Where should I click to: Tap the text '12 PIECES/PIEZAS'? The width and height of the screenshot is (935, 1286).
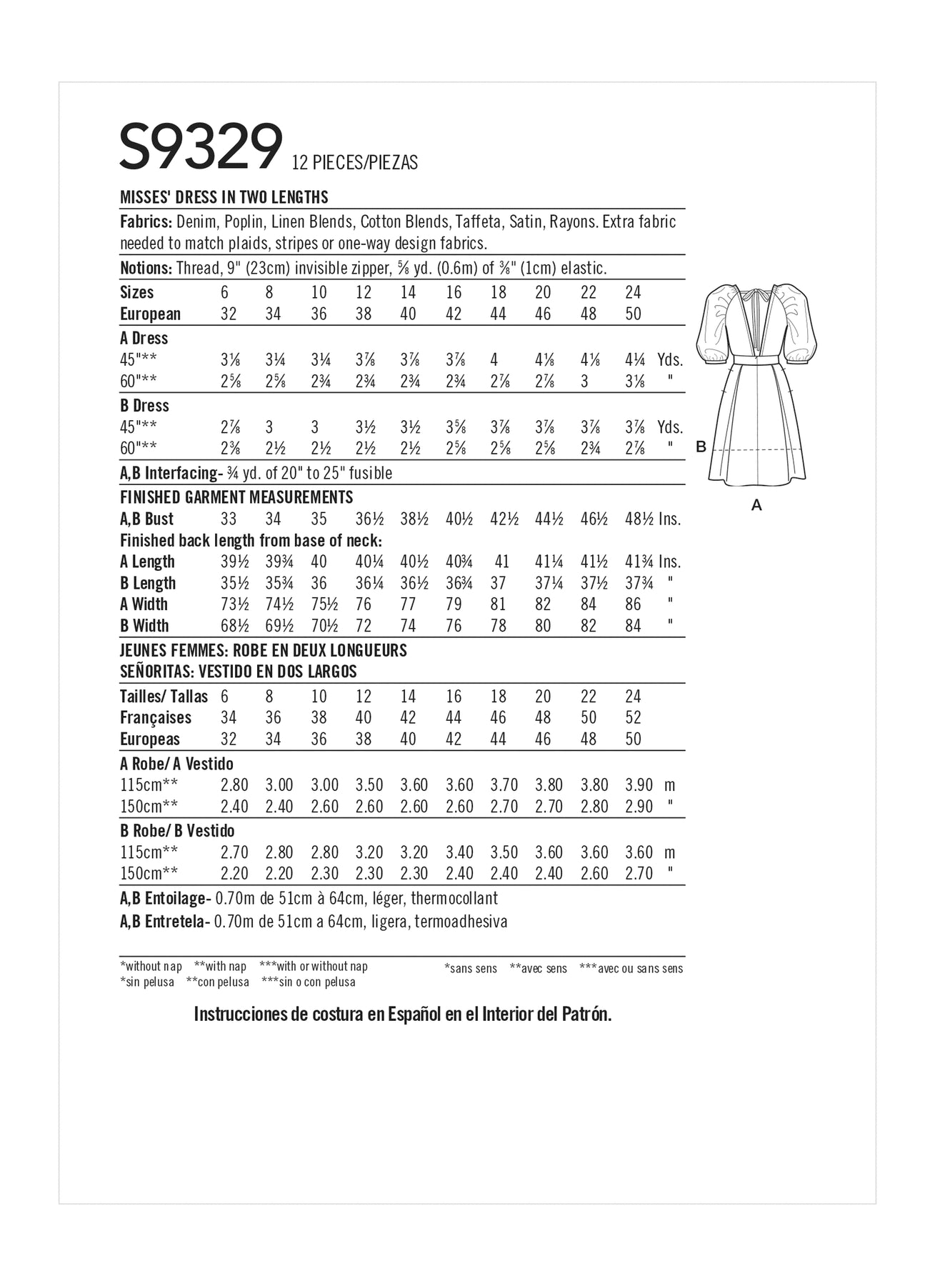355,163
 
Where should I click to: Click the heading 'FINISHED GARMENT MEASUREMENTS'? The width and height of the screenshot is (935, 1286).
236,497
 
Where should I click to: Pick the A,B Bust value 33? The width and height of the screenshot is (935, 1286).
229,519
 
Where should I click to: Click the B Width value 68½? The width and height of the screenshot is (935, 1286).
234,626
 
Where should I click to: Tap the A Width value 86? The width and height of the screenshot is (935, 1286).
633,604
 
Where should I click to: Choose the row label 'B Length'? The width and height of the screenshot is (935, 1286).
148,583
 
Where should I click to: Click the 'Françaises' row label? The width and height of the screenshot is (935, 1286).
156,717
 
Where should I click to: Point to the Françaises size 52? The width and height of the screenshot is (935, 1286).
633,717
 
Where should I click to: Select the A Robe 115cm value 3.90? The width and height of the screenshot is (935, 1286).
639,785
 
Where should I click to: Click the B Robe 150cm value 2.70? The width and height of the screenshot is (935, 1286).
639,873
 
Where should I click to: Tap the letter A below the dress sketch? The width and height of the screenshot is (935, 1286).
757,505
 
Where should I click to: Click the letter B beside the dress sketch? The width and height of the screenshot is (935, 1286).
701,447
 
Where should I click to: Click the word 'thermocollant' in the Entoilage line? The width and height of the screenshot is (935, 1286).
454,898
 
